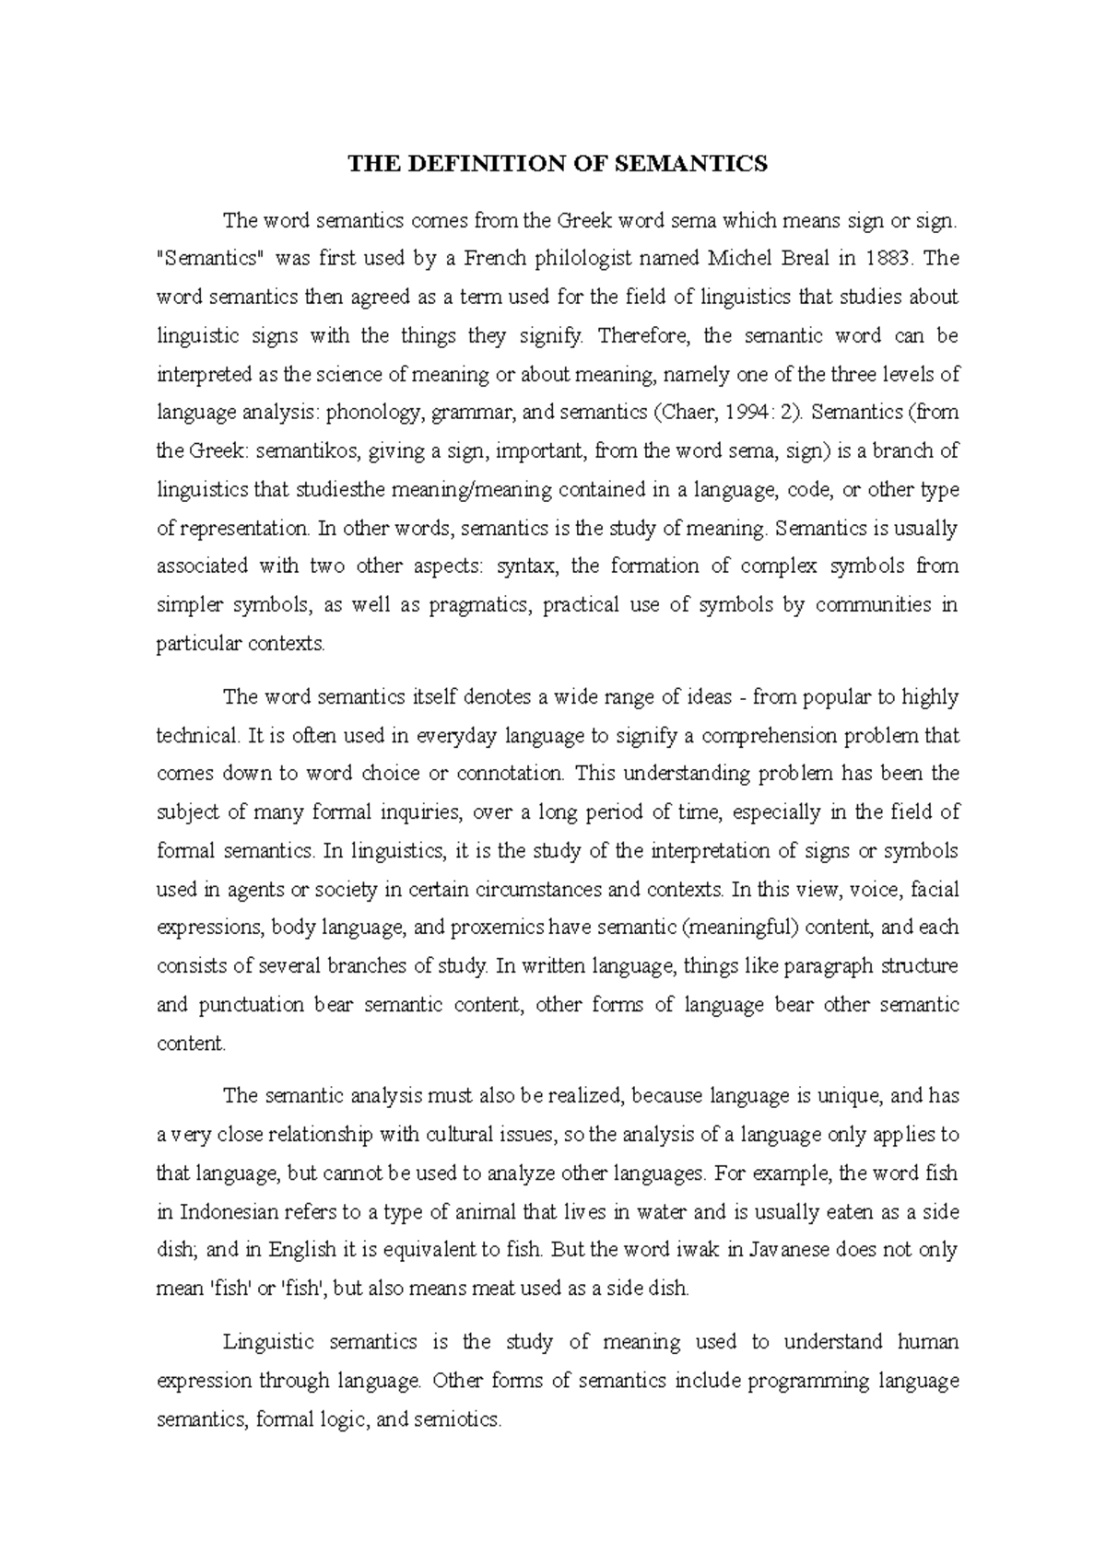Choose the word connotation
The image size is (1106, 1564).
(505, 774)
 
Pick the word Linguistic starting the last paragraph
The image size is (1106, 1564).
(269, 1343)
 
